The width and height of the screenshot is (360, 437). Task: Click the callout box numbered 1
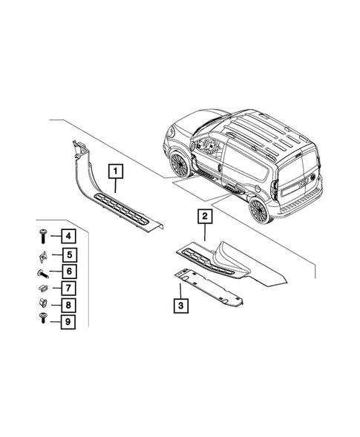pos(117,171)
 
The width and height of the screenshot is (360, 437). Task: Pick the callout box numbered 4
pos(66,237)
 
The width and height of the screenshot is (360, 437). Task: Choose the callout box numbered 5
pos(66,254)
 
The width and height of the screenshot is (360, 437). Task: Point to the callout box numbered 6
pos(66,272)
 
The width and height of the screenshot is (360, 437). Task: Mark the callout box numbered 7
pos(66,288)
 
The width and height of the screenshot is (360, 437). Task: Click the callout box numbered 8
pos(66,304)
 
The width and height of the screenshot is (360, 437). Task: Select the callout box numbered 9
pos(66,321)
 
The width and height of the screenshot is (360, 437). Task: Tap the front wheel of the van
pos(179,164)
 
